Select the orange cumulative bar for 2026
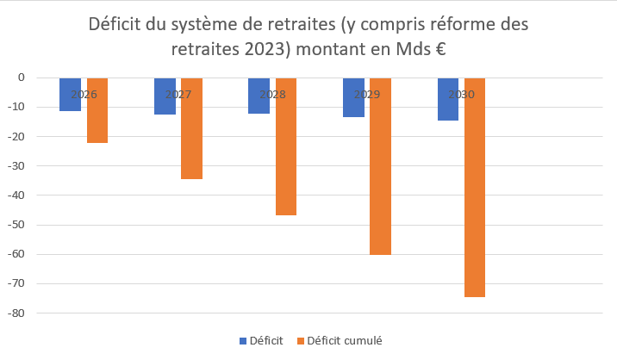(x=97, y=110)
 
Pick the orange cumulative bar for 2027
(x=191, y=128)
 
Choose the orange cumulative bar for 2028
(x=286, y=146)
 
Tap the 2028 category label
(x=272, y=94)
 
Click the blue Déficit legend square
(x=243, y=341)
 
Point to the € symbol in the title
(x=439, y=49)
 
